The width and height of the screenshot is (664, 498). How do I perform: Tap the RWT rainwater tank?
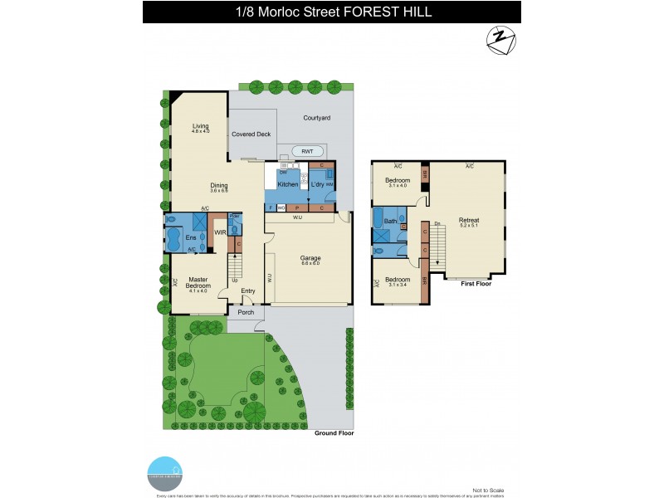click(307, 151)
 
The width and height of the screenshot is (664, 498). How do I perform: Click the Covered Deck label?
click(251, 134)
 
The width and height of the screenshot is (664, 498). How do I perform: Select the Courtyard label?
click(317, 118)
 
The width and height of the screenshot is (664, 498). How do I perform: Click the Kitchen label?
click(288, 184)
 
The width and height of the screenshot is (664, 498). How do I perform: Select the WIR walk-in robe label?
click(221, 233)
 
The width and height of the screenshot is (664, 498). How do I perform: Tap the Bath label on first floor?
click(390, 222)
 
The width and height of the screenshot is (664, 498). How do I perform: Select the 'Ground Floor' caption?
click(334, 433)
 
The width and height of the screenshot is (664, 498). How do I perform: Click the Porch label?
click(246, 313)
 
